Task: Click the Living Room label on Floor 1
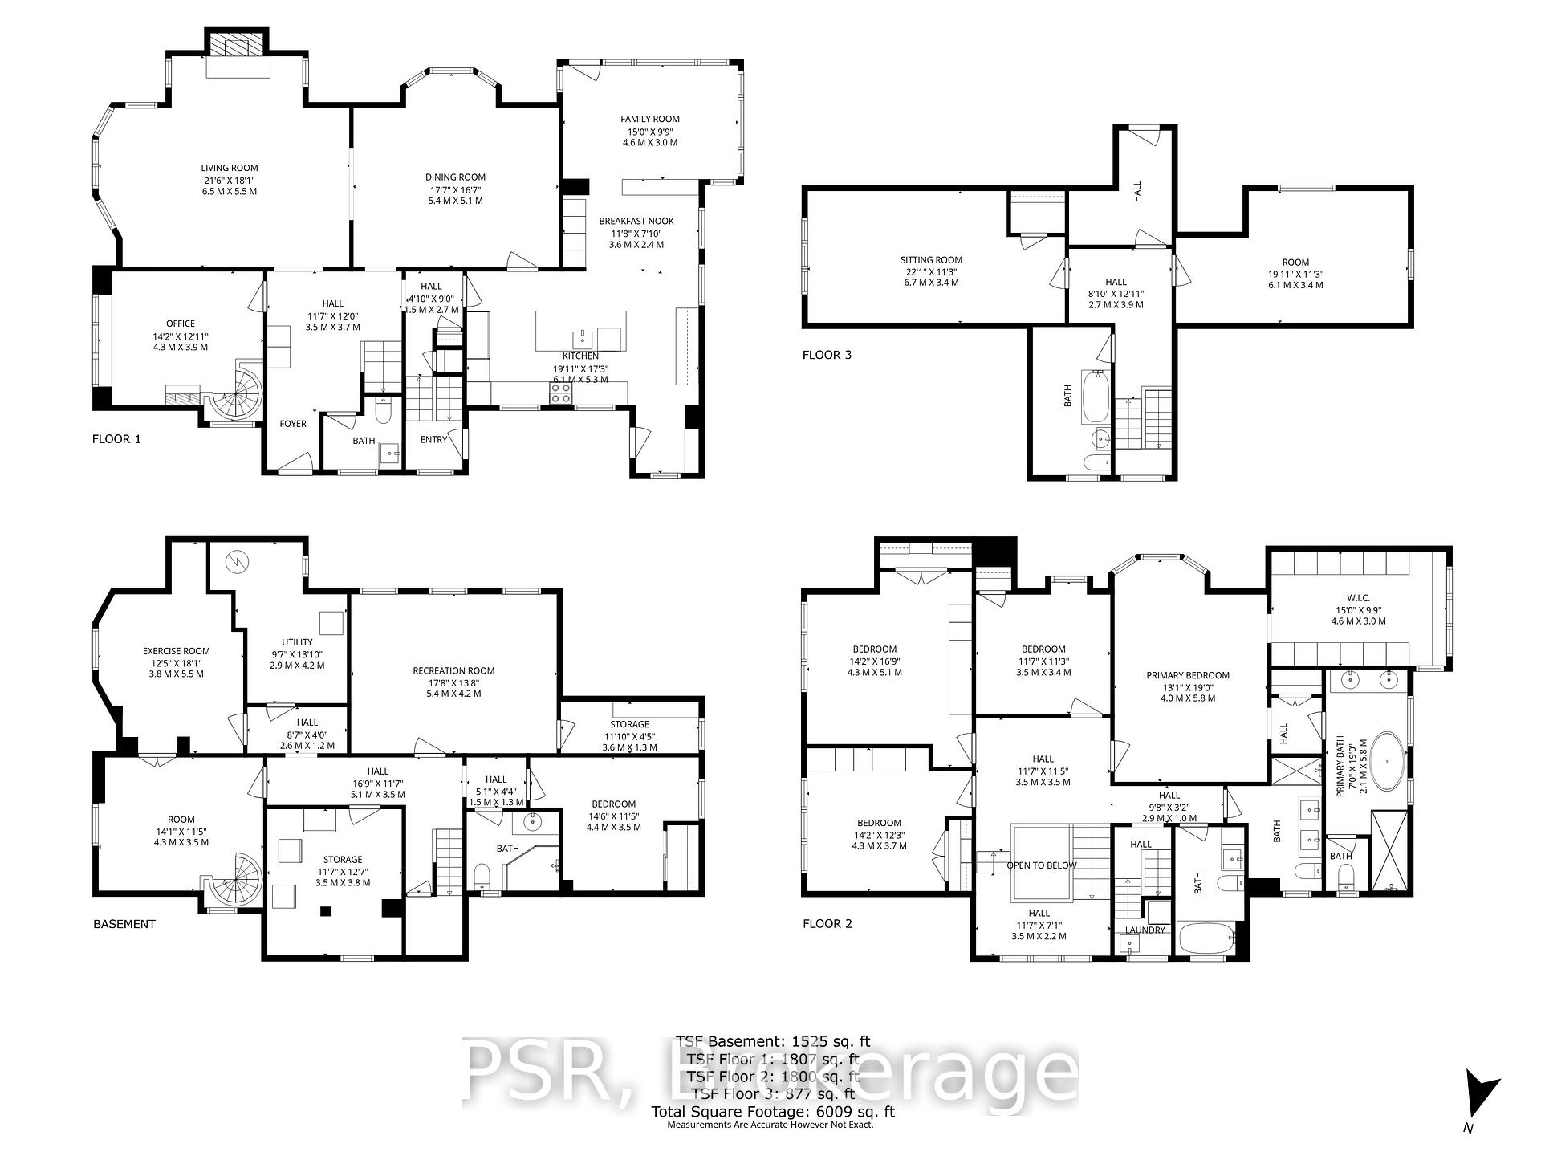[230, 169]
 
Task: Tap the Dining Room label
[455, 177]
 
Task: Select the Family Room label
[650, 119]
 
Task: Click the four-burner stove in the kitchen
[560, 393]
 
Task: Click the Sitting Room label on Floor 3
[931, 260]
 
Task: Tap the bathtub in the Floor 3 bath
[1096, 397]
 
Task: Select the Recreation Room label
[453, 671]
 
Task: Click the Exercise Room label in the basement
[177, 652]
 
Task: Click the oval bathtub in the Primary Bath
[1386, 760]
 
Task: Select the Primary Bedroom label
[1188, 676]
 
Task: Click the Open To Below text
[1042, 865]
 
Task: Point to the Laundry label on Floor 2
[1145, 930]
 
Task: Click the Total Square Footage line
[772, 1112]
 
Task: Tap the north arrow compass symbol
[1479, 1094]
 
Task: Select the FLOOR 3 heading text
[827, 355]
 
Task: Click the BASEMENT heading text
[124, 924]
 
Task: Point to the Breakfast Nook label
[636, 221]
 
